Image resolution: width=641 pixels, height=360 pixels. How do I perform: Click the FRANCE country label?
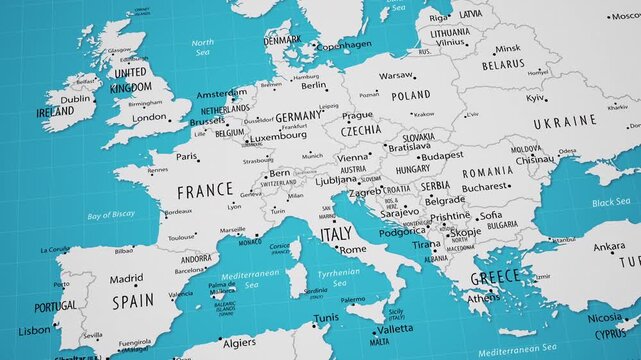click(205, 190)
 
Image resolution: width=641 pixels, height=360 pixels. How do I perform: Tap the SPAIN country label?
click(133, 300)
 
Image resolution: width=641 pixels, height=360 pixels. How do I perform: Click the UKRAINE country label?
click(564, 122)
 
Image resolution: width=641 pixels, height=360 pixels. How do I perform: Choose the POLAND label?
click(410, 96)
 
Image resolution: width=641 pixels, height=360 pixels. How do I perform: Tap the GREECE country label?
click(496, 276)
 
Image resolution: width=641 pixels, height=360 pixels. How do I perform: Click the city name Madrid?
click(126, 279)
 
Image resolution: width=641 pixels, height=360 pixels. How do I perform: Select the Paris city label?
click(187, 156)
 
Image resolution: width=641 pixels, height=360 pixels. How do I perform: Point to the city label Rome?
click(353, 250)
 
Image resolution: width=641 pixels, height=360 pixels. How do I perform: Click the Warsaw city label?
click(396, 75)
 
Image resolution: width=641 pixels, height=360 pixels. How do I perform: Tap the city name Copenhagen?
click(343, 45)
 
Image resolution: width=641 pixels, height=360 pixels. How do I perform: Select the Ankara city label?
click(609, 247)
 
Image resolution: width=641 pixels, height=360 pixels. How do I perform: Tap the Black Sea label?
click(610, 202)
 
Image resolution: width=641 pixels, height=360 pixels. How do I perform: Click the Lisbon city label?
click(33, 329)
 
